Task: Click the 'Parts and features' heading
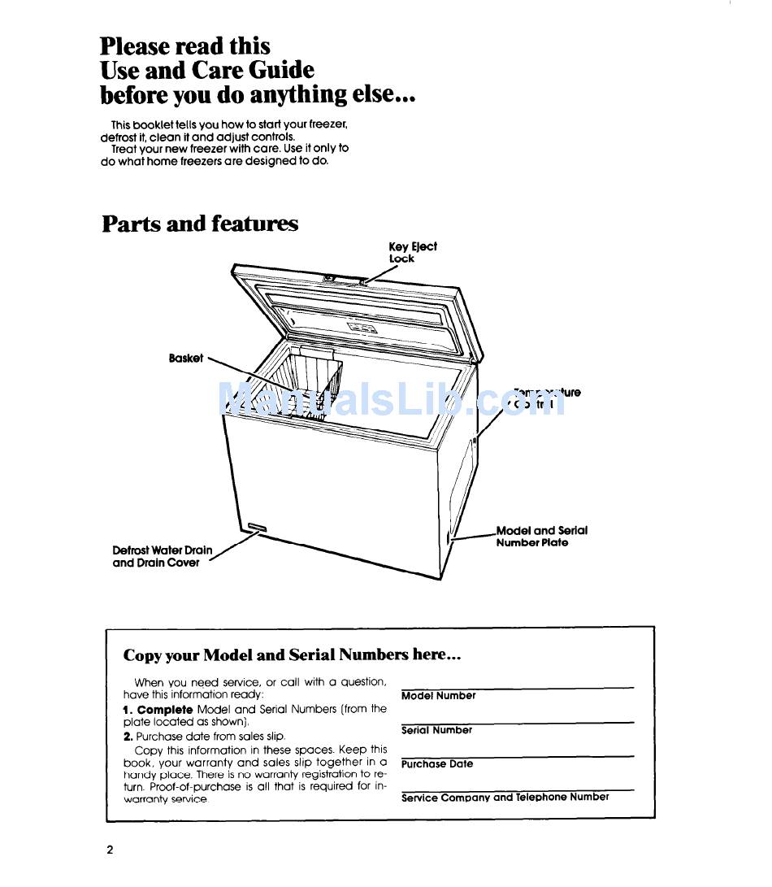pyautogui.click(x=200, y=224)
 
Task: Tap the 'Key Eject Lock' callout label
pyautogui.click(x=412, y=252)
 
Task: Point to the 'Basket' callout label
pyautogui.click(x=186, y=359)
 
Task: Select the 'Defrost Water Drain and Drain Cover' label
pyautogui.click(x=162, y=556)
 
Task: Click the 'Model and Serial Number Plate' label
pyautogui.click(x=541, y=537)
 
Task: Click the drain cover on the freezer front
pyautogui.click(x=257, y=528)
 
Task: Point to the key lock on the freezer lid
pyautogui.click(x=360, y=282)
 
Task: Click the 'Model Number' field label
pyautogui.click(x=439, y=696)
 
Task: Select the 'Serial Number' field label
pyautogui.click(x=436, y=730)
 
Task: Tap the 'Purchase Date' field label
pyautogui.click(x=437, y=764)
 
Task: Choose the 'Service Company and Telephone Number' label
pyautogui.click(x=505, y=798)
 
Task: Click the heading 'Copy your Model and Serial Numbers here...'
pyautogui.click(x=292, y=654)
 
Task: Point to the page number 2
pyautogui.click(x=110, y=850)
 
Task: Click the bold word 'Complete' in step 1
pyautogui.click(x=164, y=710)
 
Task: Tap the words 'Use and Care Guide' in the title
pyautogui.click(x=207, y=71)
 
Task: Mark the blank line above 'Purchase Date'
pyautogui.click(x=517, y=756)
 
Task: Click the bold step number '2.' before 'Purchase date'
pyautogui.click(x=128, y=736)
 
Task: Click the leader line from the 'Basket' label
pyautogui.click(x=236, y=370)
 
